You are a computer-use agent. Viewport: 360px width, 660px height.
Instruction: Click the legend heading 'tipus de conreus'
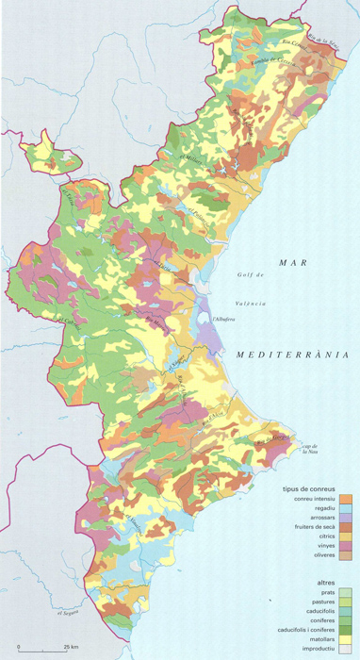(307, 489)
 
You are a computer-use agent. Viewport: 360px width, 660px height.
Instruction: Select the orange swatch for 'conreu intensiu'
(347, 500)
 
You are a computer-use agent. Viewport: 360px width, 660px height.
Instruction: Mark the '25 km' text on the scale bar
(72, 648)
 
